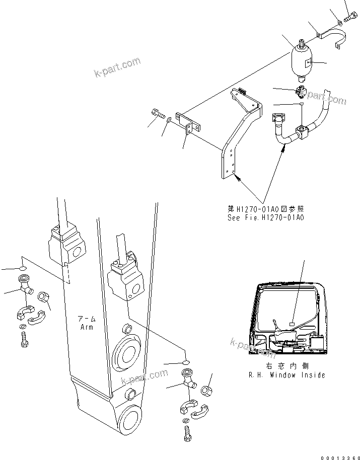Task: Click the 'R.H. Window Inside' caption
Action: pyautogui.click(x=286, y=375)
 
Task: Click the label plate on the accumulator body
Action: pyautogui.click(x=309, y=63)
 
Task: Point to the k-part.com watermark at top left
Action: pyautogui.click(x=117, y=69)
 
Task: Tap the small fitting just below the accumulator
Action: pyautogui.click(x=302, y=92)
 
